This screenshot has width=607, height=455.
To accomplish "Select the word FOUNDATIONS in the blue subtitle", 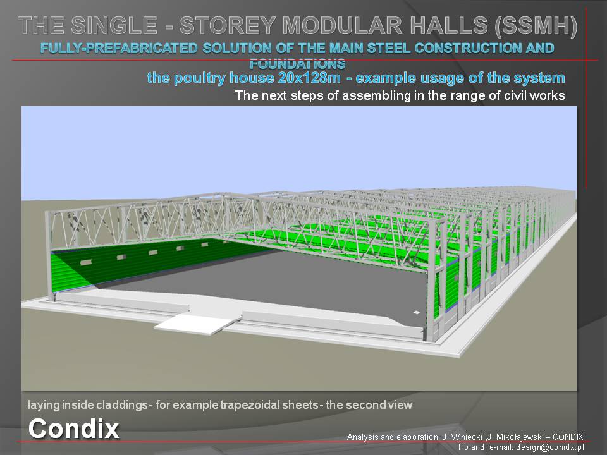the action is pyautogui.click(x=297, y=63).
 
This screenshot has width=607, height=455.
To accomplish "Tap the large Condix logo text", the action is pyautogui.click(x=73, y=428).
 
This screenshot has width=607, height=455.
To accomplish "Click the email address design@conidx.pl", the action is pyautogui.click(x=549, y=447).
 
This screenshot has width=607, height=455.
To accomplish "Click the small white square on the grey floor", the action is pyautogui.click(x=416, y=312).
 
